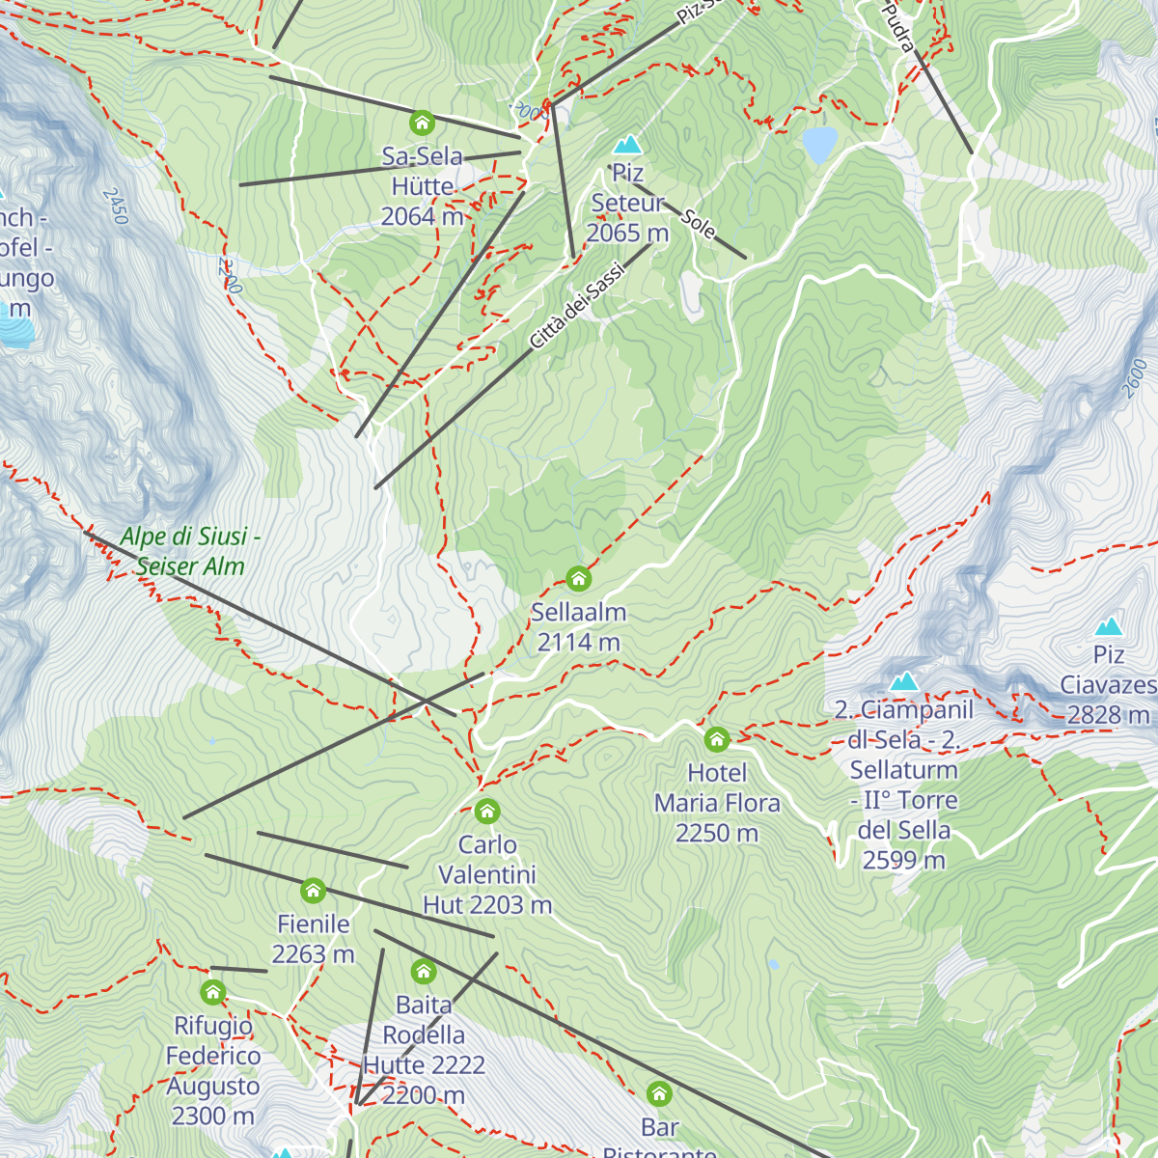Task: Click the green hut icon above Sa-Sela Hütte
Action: [x=422, y=123]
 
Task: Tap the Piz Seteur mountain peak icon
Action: [x=628, y=145]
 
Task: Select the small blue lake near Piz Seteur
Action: [x=819, y=145]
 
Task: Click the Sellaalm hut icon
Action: [x=578, y=578]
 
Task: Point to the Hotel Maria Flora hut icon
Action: [x=716, y=739]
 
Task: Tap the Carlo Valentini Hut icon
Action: [x=487, y=811]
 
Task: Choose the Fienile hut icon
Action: [x=313, y=890]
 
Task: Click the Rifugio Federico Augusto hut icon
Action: [x=213, y=992]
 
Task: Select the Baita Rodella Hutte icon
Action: [x=424, y=971]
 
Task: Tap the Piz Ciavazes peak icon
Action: [x=1109, y=625]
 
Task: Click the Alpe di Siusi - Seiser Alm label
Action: [x=190, y=551]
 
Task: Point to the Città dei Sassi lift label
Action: [x=577, y=306]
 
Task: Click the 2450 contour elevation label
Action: [x=113, y=206]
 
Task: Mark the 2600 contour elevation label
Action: [x=1135, y=376]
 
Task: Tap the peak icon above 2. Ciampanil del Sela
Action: [x=903, y=681]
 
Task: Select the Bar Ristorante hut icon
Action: [x=659, y=1093]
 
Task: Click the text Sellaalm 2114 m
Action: [x=578, y=626]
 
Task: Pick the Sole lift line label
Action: [x=699, y=223]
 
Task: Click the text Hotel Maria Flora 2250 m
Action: [x=717, y=803]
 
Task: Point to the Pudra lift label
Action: [x=899, y=27]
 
